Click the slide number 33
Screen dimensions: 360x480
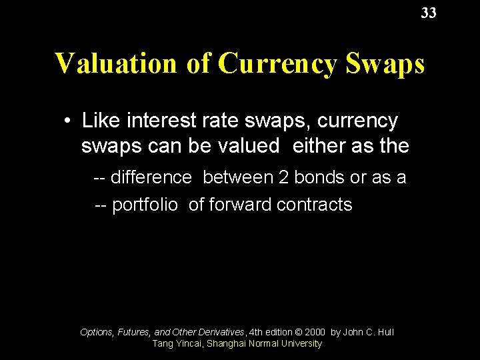point(429,13)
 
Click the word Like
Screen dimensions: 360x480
point(97,121)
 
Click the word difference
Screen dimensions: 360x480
point(151,177)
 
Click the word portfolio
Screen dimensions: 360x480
point(145,205)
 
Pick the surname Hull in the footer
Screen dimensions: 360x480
point(384,331)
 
